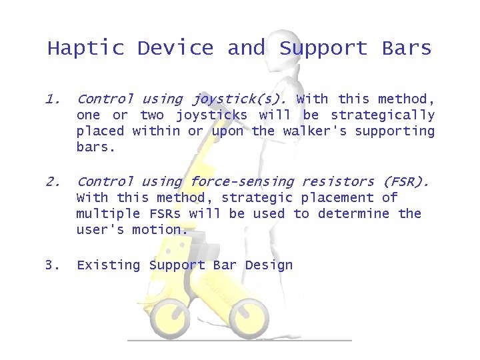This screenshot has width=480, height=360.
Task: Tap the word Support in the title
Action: point(323,49)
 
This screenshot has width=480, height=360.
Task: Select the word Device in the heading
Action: point(175,49)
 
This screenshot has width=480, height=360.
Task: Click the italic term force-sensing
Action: point(243,181)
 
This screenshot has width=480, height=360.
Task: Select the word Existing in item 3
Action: point(109,265)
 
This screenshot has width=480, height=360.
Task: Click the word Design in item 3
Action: point(269,265)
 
